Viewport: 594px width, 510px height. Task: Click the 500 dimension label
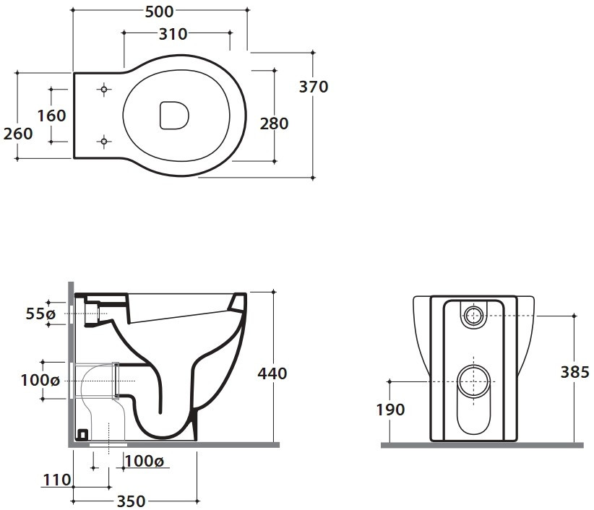[159, 12]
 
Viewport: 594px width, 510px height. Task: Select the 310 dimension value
[173, 34]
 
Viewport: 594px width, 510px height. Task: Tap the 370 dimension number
[314, 87]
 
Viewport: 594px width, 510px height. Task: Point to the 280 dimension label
[274, 124]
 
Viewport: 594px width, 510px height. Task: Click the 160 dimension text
[51, 116]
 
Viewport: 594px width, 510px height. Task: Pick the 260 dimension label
[18, 134]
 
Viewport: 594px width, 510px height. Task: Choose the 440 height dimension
[272, 373]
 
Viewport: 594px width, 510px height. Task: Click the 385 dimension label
[574, 372]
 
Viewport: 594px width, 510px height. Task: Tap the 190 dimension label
[390, 410]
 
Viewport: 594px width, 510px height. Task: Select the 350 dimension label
[131, 501]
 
